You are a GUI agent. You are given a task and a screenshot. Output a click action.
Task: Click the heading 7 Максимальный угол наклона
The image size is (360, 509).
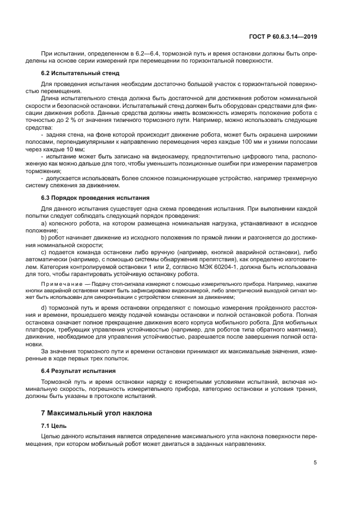[x=93, y=413]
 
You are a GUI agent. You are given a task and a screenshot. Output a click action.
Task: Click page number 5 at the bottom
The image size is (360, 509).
[x=315, y=463]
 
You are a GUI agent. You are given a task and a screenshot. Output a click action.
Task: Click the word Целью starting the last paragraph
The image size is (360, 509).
[x=50, y=437]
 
